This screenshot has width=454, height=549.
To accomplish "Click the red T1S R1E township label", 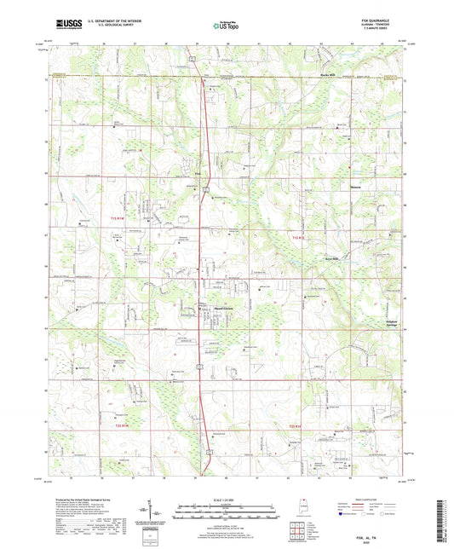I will pos(297,236).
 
